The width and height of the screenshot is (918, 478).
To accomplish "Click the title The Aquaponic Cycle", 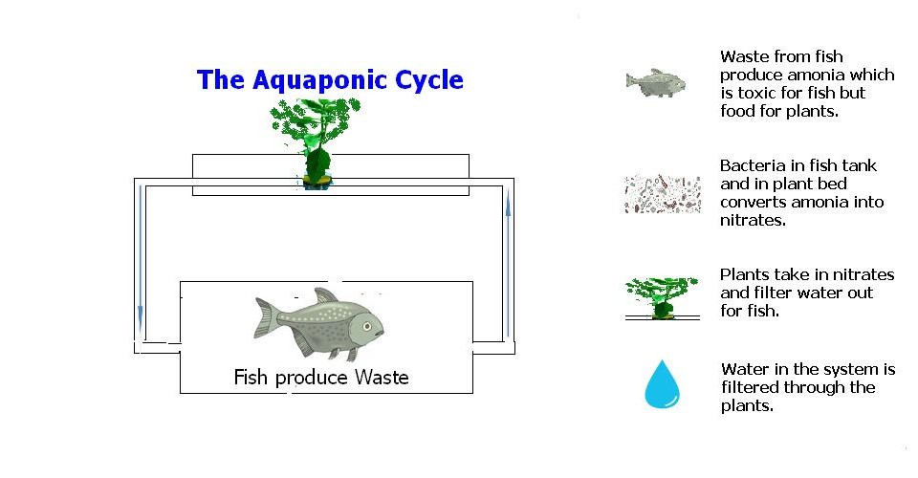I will click(330, 80).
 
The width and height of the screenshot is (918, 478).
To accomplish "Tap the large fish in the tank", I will click(320, 322).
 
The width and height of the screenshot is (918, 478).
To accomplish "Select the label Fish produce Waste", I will click(321, 378).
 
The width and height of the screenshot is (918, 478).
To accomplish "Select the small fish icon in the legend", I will click(657, 83).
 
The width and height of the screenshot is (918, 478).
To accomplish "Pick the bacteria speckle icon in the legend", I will click(662, 193).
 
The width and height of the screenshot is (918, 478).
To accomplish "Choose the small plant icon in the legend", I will click(662, 296).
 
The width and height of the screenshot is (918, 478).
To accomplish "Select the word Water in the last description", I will click(742, 369).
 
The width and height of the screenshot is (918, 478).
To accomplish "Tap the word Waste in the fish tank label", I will click(382, 378).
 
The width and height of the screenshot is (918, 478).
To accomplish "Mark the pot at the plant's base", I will click(317, 180).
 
